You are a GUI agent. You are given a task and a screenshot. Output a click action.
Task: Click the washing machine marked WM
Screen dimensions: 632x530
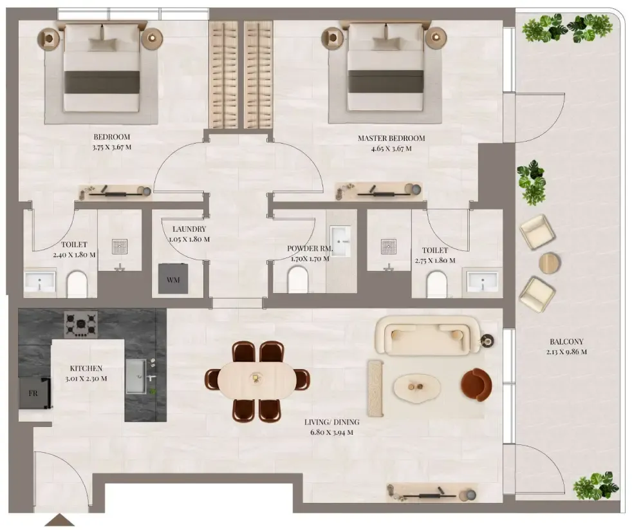tap(173, 279)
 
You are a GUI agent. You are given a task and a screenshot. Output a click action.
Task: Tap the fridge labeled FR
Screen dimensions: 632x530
tap(34, 393)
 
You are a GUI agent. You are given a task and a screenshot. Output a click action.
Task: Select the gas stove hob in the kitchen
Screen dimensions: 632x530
tap(80, 325)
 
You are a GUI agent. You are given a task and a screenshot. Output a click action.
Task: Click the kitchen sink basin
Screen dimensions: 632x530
tap(135, 376)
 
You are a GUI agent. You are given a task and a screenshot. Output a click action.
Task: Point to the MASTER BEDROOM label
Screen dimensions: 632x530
tap(391, 138)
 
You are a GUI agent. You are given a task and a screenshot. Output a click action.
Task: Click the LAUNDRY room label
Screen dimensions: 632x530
tap(189, 229)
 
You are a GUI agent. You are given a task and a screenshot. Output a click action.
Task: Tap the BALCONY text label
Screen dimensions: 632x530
tap(567, 342)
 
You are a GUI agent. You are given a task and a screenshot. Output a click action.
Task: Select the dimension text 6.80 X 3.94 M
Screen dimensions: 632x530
tap(329, 432)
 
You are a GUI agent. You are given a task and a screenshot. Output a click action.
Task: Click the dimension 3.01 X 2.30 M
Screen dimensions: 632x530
tap(86, 379)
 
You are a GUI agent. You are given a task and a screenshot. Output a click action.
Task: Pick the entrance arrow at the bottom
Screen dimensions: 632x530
tap(60, 520)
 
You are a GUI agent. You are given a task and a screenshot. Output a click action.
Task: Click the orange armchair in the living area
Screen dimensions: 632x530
tap(476, 384)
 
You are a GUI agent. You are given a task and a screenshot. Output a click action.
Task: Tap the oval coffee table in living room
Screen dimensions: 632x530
tap(417, 387)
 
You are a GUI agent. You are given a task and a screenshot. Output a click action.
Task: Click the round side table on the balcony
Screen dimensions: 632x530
tap(550, 263)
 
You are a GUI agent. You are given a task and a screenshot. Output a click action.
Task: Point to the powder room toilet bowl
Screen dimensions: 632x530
tap(298, 279)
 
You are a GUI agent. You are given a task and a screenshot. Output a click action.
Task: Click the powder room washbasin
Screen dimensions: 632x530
tap(340, 241)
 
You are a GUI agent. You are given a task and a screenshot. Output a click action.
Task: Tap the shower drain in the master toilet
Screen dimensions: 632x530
tap(389, 245)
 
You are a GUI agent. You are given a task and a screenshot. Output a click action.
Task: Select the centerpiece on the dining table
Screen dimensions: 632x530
tap(255, 378)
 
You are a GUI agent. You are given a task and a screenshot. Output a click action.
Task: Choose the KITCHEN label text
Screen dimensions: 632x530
tap(86, 368)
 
